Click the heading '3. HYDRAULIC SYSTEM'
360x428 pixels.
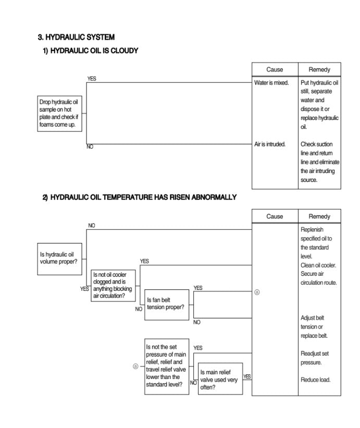coord(76,38)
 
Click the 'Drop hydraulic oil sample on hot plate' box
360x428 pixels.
coord(60,113)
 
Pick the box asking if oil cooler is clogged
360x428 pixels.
coord(113,285)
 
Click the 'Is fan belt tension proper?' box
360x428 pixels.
coord(166,304)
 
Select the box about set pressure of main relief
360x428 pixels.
coord(166,366)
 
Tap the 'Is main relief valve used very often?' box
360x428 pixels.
coord(220,379)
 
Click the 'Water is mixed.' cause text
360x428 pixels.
coord(271,83)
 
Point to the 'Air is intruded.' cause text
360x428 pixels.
coord(270,144)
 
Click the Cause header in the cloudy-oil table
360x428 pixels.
coord(275,69)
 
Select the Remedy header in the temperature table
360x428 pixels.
coord(319,216)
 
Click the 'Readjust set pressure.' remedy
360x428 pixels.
coord(314,358)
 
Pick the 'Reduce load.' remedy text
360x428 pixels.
coord(315,380)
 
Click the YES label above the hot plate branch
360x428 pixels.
coord(92,79)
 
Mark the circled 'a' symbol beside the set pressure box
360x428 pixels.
coord(135,366)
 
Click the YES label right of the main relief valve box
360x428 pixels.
coord(247,376)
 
